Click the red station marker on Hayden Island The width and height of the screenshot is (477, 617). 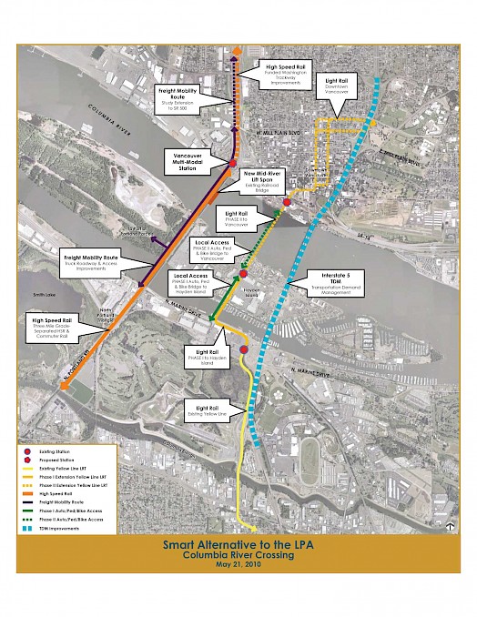pyautogui.click(x=243, y=274)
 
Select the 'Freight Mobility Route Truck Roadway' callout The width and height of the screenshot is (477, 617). pyautogui.click(x=89, y=263)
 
